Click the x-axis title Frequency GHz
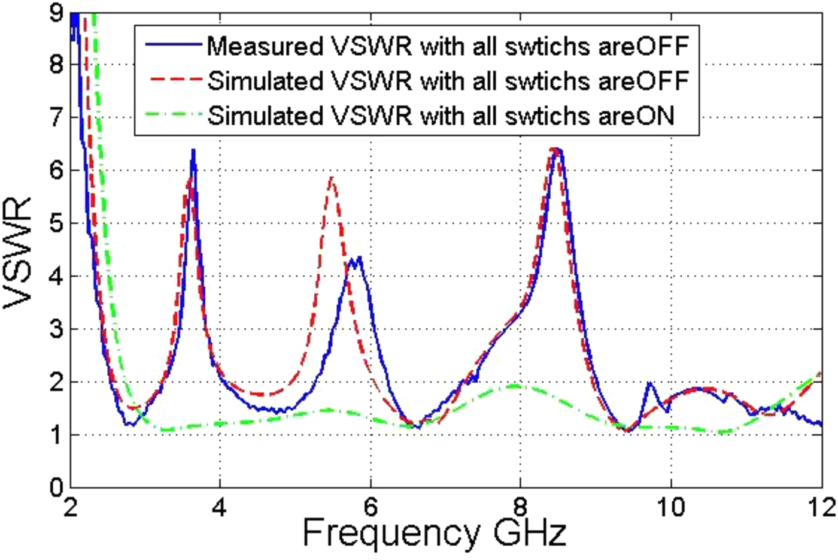click(x=435, y=532)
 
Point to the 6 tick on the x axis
click(x=371, y=507)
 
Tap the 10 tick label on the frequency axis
click(x=670, y=507)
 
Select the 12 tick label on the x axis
click(x=821, y=507)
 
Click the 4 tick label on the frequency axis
click(x=220, y=507)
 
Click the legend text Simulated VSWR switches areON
click(x=441, y=116)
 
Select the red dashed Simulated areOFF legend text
click(x=448, y=80)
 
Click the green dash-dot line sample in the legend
click(x=170, y=116)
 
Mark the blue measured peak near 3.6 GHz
click(x=193, y=151)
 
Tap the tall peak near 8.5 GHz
click(x=557, y=149)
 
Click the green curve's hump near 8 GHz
click(x=514, y=386)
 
